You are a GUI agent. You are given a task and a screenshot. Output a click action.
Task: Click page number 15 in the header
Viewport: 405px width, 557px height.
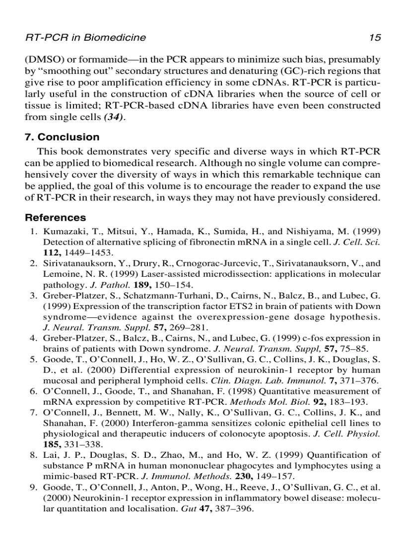coord(375,38)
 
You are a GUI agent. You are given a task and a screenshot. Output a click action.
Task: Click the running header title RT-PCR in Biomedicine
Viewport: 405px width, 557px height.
coord(85,38)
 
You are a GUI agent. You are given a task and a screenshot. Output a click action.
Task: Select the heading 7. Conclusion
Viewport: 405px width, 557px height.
coord(62,137)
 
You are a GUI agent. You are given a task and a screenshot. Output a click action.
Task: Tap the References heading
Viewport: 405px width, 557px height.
coord(55,218)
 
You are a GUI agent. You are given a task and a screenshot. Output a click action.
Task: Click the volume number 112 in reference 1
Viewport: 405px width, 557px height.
coord(51,252)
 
